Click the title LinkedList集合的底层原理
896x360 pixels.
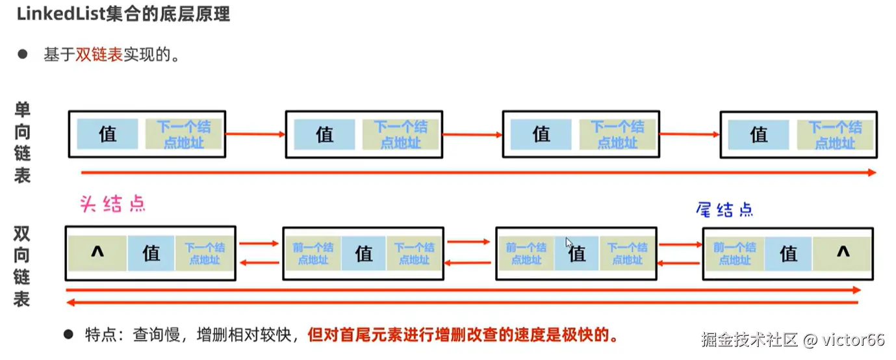[123, 14]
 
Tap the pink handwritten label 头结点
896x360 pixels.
[112, 205]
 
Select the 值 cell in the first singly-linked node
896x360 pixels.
[108, 134]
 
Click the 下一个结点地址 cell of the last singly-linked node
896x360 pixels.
[835, 135]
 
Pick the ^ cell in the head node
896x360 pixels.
[97, 253]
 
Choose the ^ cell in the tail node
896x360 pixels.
[843, 253]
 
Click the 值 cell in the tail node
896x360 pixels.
[788, 253]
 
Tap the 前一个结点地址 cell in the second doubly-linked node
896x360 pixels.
[313, 253]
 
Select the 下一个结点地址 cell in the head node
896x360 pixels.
[204, 253]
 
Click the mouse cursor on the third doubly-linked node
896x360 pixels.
[569, 244]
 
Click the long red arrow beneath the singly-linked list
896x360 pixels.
[478, 173]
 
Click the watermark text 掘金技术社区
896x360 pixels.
[749, 339]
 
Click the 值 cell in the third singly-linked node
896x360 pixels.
[541, 134]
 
